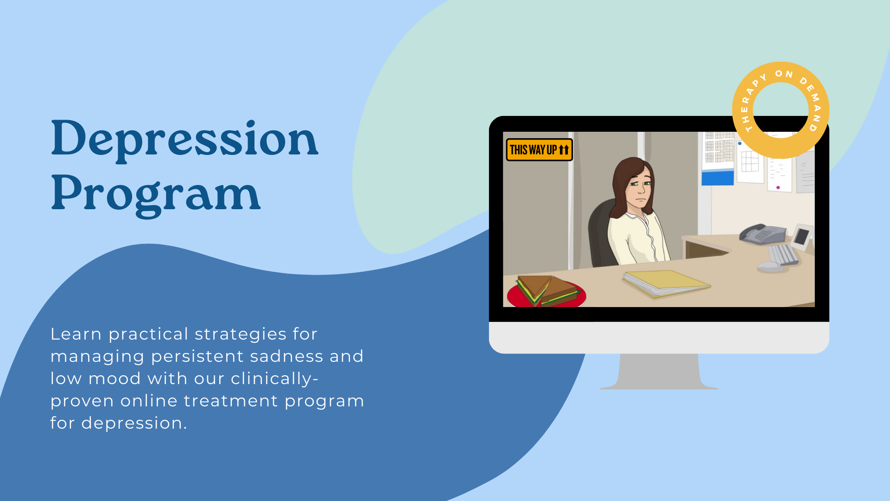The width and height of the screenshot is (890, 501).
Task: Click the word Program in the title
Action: click(x=156, y=194)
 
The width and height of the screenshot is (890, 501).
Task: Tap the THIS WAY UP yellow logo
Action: click(x=539, y=150)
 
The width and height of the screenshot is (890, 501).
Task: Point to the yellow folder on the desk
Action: click(x=666, y=283)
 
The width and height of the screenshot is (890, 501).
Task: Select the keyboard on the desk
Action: click(x=783, y=255)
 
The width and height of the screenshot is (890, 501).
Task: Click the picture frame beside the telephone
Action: click(x=802, y=237)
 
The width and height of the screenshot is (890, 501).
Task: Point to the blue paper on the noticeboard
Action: click(x=718, y=178)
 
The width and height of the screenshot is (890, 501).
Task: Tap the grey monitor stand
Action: click(x=659, y=372)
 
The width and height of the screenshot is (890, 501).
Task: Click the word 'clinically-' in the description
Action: click(x=274, y=379)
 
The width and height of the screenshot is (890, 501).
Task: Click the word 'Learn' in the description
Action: click(x=76, y=334)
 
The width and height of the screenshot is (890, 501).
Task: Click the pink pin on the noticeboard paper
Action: click(x=778, y=187)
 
